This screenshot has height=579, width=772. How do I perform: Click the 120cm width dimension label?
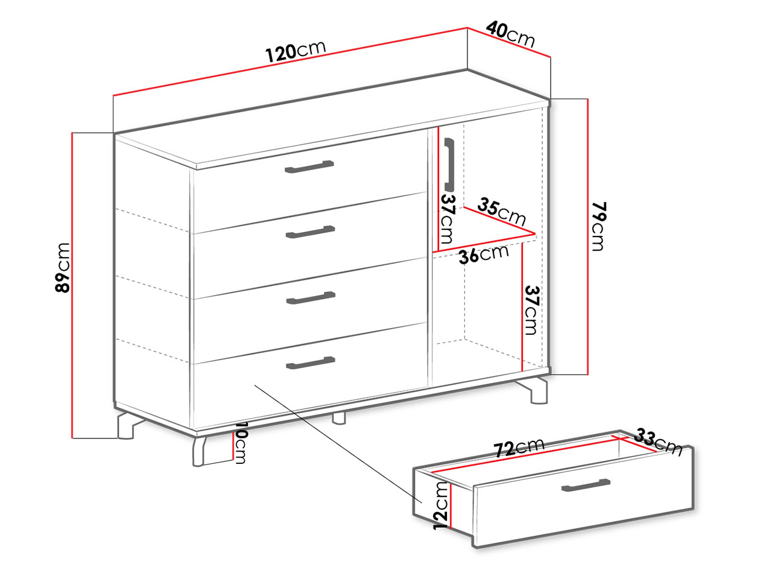(296, 51)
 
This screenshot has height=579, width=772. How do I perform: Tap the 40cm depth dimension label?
(510, 34)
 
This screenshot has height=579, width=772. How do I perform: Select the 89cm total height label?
(63, 268)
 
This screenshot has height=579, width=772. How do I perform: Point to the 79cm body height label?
(598, 226)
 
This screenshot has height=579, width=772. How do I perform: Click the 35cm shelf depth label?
(502, 212)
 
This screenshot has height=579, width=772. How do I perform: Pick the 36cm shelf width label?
(484, 254)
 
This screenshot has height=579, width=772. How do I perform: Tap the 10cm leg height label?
(240, 443)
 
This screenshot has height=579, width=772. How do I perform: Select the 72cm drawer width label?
(519, 448)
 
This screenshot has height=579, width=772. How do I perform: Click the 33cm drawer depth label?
(658, 442)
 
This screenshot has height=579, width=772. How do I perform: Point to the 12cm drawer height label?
(441, 505)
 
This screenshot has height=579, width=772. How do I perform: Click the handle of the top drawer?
(309, 167)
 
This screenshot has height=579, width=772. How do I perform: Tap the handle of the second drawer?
(310, 232)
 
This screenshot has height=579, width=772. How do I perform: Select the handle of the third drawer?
(311, 298)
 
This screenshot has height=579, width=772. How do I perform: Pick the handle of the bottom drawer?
(311, 363)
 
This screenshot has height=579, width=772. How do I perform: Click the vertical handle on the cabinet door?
(449, 165)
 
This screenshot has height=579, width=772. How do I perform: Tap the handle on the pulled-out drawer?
(586, 485)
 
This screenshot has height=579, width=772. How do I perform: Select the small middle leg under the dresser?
(339, 418)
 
